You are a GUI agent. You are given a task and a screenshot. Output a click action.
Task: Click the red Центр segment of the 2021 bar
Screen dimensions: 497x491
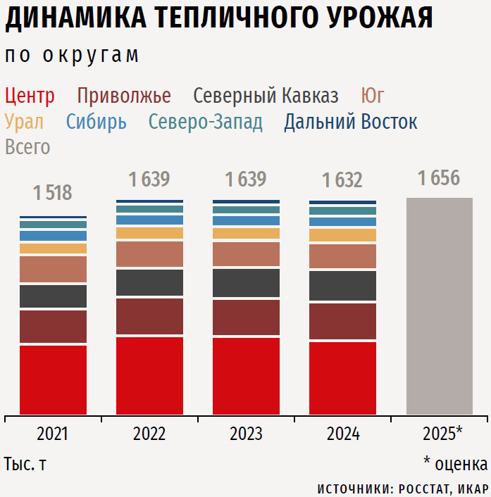pyautogui.click(x=53, y=379)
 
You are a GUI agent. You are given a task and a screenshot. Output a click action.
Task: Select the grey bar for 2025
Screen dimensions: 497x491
pyautogui.click(x=440, y=306)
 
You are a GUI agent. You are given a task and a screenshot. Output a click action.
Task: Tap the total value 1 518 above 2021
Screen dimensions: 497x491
pyautogui.click(x=53, y=193)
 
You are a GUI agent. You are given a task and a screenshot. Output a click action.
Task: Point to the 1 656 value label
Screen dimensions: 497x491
pyautogui.click(x=439, y=178)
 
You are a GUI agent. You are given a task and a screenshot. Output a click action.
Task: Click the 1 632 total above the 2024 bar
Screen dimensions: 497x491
pyautogui.click(x=342, y=181)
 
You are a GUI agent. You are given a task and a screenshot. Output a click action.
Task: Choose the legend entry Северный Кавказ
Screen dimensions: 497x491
pyautogui.click(x=266, y=96)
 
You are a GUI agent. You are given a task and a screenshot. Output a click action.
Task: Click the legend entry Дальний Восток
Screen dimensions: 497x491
pyautogui.click(x=350, y=122)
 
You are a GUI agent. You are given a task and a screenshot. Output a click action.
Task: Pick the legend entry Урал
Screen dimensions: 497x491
pyautogui.click(x=24, y=122)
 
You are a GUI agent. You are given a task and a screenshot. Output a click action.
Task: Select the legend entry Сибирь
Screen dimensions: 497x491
pyautogui.click(x=97, y=122)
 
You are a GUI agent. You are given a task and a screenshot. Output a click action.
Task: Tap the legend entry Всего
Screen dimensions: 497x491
pyautogui.click(x=27, y=147)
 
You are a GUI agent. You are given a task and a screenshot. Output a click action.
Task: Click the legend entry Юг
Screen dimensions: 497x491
pyautogui.click(x=372, y=96)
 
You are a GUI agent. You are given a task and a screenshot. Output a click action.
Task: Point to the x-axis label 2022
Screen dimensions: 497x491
pyautogui.click(x=149, y=434)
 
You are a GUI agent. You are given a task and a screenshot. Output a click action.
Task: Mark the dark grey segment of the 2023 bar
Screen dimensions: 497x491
pyautogui.click(x=246, y=283)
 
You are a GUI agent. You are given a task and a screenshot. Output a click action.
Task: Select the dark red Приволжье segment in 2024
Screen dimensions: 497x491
pyautogui.click(x=342, y=321)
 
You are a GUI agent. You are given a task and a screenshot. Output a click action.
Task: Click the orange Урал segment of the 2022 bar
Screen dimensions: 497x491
pyautogui.click(x=149, y=233)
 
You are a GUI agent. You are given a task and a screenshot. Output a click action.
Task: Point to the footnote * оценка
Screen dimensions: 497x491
pyautogui.click(x=455, y=465)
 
